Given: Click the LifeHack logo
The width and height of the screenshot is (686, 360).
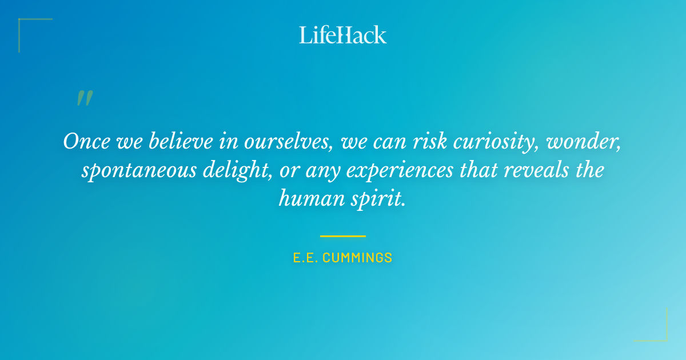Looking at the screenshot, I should [343, 35].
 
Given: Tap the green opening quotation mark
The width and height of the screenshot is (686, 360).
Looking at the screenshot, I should [85, 98].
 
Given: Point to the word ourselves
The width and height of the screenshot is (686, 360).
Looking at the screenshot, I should [289, 142].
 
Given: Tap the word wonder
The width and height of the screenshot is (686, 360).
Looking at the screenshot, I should [584, 142].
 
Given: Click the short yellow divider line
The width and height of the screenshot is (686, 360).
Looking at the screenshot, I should [343, 235].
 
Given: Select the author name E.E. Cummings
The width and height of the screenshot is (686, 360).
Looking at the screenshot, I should [343, 258].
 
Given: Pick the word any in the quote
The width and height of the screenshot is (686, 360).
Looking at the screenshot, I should [323, 171].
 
